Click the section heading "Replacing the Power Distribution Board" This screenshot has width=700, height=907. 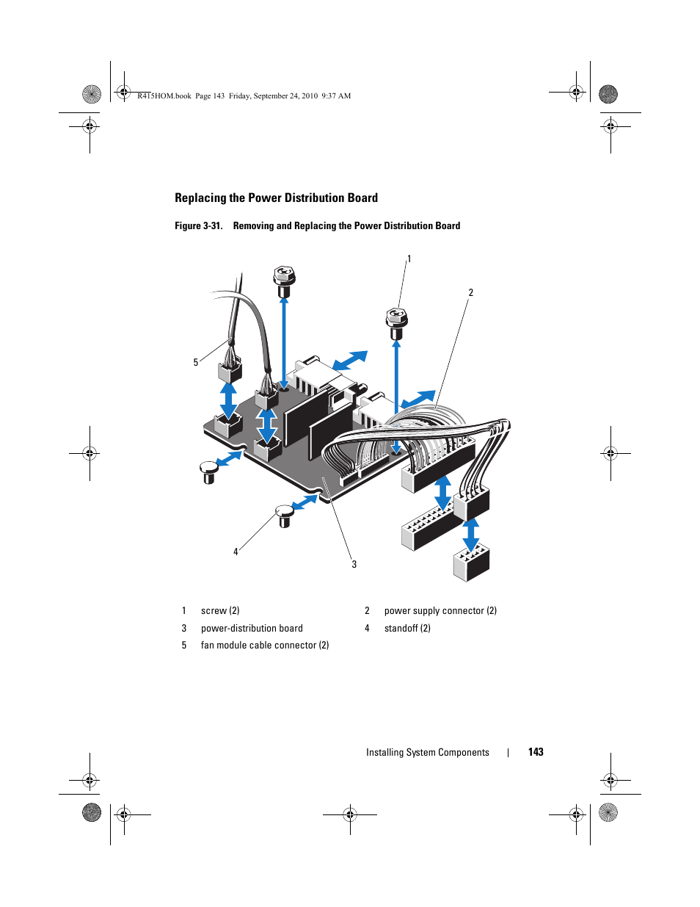click(x=276, y=198)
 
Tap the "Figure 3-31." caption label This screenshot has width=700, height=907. click(x=198, y=226)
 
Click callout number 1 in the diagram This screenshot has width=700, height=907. click(x=409, y=259)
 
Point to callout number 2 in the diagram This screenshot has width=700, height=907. click(x=471, y=293)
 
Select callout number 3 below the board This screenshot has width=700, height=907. click(x=354, y=564)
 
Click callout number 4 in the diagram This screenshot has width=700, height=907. click(x=236, y=552)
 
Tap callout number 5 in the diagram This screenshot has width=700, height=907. click(x=196, y=362)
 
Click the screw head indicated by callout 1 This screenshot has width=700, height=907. click(x=396, y=318)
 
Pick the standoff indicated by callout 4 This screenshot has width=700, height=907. click(x=285, y=515)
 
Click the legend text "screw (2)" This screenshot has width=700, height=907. click(x=220, y=611)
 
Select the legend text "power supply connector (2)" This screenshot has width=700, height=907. click(x=440, y=611)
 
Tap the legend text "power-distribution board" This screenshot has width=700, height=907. click(x=252, y=629)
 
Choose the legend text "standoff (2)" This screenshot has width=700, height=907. click(x=407, y=629)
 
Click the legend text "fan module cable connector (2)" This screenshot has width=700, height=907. click(x=265, y=646)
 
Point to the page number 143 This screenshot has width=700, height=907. click(x=536, y=752)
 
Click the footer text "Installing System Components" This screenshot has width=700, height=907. click(x=427, y=753)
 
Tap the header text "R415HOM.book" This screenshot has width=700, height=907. click(x=164, y=96)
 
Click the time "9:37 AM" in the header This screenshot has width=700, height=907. click(x=336, y=96)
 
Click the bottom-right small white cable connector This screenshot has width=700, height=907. click(x=471, y=564)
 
